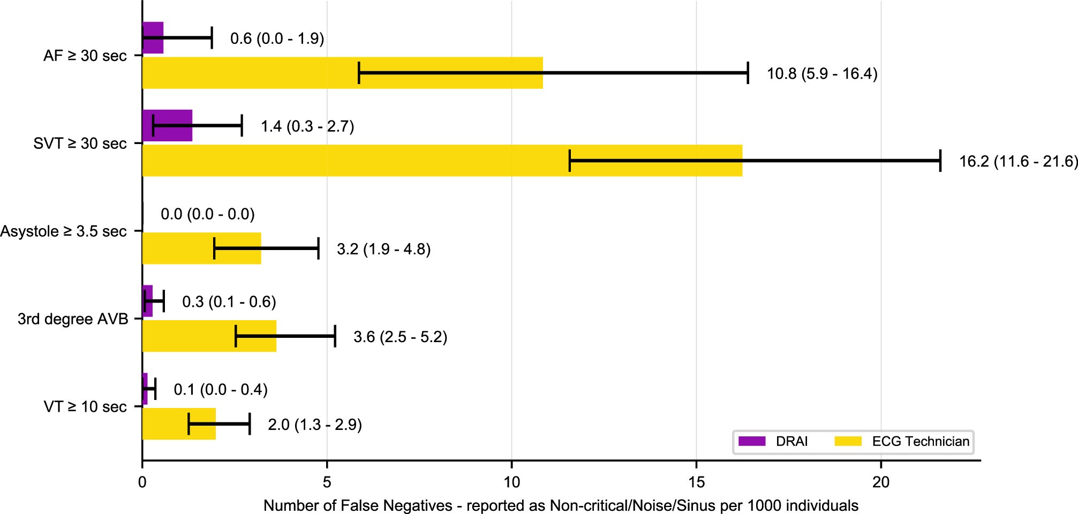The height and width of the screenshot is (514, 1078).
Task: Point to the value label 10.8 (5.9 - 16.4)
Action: (822, 73)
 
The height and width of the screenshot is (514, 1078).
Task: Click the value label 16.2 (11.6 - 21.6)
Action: (1018, 161)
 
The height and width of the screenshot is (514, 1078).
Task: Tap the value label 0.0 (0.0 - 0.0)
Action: (208, 214)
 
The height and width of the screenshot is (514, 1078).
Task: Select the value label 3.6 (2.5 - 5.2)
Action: (400, 337)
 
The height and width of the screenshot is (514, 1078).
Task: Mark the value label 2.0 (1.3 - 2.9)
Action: (315, 425)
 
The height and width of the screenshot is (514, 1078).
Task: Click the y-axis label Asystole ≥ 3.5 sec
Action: (64, 231)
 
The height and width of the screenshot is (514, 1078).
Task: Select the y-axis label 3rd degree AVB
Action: (73, 319)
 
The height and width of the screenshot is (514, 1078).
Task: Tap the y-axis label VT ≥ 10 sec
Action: (85, 407)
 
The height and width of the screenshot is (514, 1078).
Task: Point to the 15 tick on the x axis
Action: (696, 482)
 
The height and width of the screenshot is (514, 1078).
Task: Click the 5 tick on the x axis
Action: (327, 482)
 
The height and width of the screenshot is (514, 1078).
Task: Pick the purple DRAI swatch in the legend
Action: (752, 442)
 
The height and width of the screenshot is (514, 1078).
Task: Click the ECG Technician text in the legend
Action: (921, 442)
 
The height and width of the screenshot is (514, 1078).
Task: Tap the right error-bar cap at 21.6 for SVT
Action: (940, 161)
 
